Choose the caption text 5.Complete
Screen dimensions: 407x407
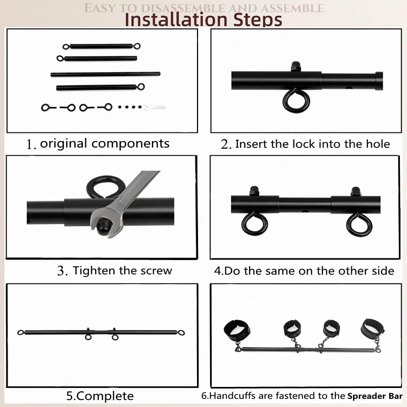pyautogui.click(x=100, y=396)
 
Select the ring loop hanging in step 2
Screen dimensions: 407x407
pyautogui.click(x=296, y=100)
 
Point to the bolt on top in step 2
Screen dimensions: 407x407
pyautogui.click(x=296, y=66)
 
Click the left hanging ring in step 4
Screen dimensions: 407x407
pyautogui.click(x=252, y=224)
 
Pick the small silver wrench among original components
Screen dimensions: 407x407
pyautogui.click(x=156, y=107)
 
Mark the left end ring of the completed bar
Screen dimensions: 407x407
pyautogui.click(x=21, y=332)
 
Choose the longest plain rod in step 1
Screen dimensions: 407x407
pyautogui.click(x=105, y=74)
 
